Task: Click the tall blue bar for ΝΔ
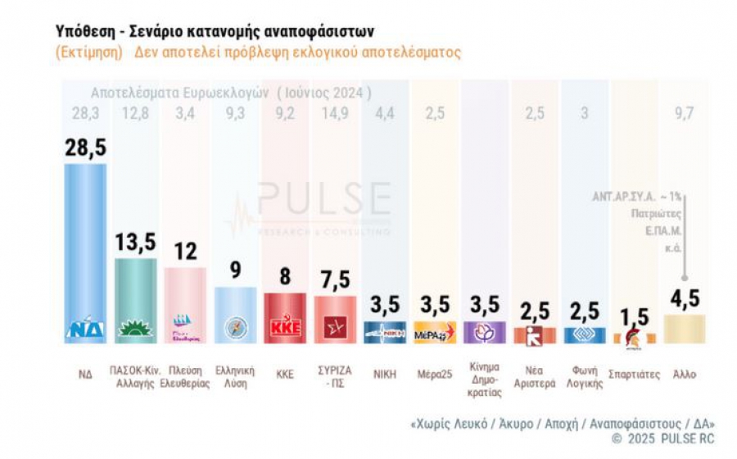click(x=85, y=246)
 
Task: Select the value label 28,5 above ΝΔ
click(x=85, y=148)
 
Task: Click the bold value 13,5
click(x=135, y=243)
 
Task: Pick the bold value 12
click(x=185, y=252)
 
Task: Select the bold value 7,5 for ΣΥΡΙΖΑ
click(x=336, y=279)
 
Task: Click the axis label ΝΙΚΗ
click(x=385, y=374)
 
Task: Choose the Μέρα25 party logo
click(x=435, y=334)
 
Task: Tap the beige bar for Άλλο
click(x=685, y=329)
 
